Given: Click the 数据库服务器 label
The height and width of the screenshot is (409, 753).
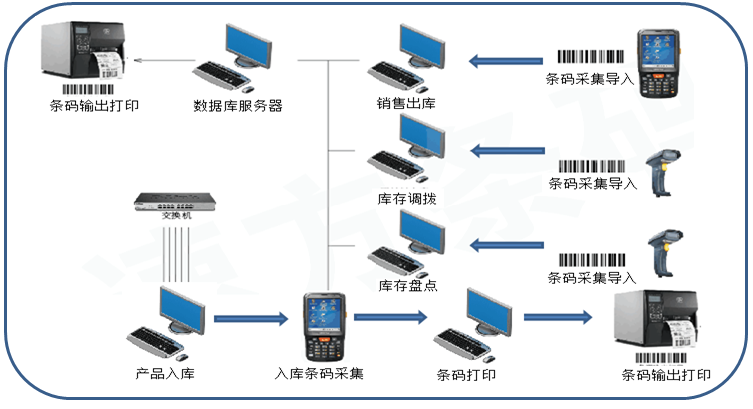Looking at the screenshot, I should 238,105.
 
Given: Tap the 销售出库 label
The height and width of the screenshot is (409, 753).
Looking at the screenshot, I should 406,104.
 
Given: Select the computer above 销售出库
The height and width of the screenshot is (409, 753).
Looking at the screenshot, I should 409,55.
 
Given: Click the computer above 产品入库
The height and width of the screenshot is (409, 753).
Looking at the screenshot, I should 169,323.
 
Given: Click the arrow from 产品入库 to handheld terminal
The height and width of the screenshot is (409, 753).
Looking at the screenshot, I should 250,319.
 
